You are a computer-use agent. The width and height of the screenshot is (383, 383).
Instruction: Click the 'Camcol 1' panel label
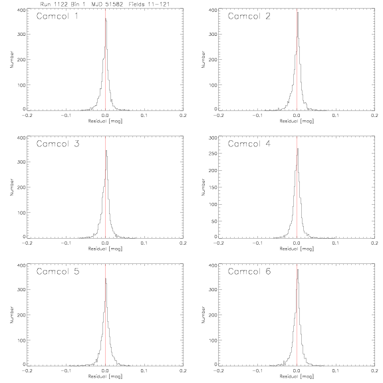57,16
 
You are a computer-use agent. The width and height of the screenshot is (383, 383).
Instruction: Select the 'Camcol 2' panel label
249,16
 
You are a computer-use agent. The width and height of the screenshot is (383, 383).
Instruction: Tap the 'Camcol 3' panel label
58,144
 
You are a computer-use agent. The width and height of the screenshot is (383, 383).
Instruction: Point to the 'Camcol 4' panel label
249,144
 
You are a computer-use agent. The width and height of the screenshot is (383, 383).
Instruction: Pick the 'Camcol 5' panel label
58,271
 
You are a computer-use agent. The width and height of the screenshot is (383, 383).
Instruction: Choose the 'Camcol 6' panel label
249,271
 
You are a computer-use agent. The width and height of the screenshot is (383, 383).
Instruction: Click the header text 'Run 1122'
54,4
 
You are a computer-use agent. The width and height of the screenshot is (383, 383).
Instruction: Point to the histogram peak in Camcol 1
106,19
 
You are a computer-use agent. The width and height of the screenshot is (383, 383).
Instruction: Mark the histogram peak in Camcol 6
297,270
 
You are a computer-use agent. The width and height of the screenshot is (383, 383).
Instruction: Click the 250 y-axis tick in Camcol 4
213,154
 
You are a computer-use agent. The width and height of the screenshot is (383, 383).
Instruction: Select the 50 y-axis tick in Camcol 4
214,221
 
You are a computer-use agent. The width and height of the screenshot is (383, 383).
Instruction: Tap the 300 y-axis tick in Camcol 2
213,34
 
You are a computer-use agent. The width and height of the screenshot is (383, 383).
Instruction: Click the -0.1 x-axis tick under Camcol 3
66,243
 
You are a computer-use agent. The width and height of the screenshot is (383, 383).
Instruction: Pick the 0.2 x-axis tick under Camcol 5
183,371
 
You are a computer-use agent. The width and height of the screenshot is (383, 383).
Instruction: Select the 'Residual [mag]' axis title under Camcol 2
297,121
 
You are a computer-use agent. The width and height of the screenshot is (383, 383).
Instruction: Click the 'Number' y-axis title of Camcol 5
11,315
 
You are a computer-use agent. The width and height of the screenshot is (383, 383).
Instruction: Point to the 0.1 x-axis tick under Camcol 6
336,371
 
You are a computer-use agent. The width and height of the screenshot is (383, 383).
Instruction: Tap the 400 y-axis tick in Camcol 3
21,138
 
